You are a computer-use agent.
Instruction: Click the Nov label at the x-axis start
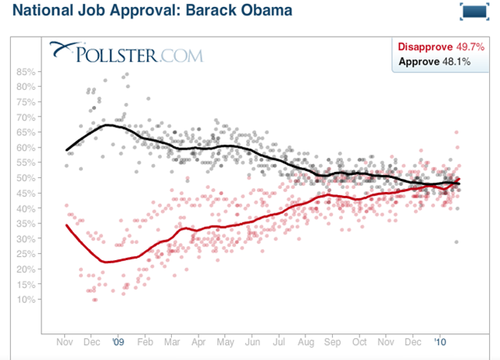coord(66,341)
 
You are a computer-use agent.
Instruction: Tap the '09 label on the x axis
coord(118,341)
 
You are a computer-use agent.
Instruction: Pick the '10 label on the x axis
coord(441,341)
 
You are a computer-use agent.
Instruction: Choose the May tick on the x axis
coord(225,341)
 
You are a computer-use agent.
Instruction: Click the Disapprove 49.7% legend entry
coord(434,47)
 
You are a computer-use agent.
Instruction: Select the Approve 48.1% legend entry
coord(434,61)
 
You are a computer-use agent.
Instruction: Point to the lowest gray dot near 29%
coord(456,242)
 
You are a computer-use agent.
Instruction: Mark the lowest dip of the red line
coord(107,262)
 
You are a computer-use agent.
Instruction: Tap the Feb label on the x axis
coord(145,341)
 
